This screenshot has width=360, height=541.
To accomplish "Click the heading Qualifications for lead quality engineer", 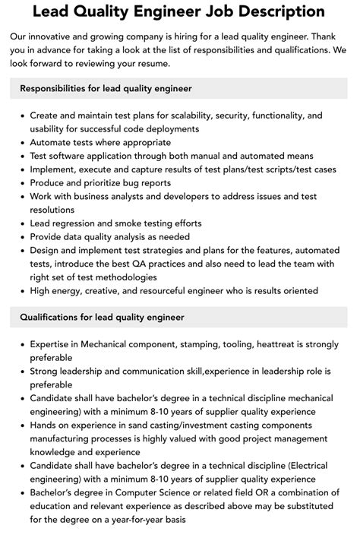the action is [103, 317].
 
